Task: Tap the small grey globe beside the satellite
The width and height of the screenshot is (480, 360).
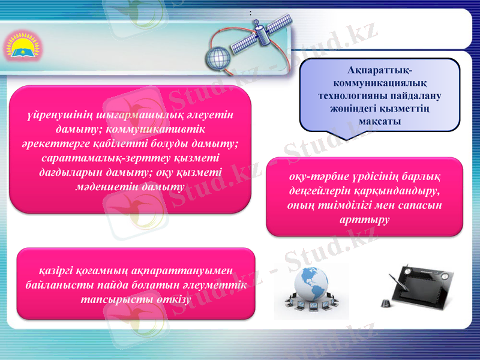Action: [218, 58]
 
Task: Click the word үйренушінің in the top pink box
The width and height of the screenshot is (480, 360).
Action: [61, 114]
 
